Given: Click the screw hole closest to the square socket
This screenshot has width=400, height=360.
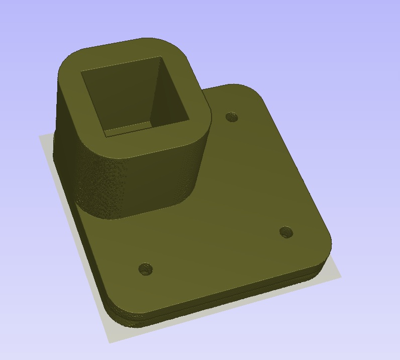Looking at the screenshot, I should pos(232,117).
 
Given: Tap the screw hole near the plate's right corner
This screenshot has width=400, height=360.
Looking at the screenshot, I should pos(286,232).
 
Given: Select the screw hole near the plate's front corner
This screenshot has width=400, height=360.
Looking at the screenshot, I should pos(145,268).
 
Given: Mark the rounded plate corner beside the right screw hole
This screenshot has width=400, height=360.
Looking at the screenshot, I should pos(324,241).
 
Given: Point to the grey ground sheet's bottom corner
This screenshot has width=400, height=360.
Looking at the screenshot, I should pos(110,342).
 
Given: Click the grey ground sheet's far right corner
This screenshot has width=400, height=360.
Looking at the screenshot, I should pos(341,276).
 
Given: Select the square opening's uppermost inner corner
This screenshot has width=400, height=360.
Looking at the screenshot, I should pos(161,57).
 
